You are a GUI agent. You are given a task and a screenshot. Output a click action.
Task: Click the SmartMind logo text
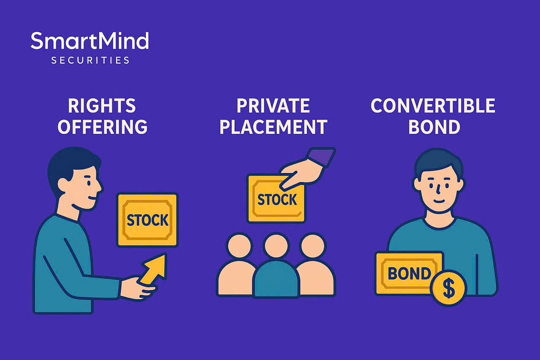click(89, 41)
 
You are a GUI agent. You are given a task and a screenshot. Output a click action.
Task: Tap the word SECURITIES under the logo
click(90, 60)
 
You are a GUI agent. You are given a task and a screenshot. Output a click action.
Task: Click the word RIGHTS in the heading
click(102, 106)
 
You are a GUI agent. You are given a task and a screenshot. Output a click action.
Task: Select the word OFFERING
click(102, 127)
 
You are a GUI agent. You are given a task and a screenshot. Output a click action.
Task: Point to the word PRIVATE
click(273, 106)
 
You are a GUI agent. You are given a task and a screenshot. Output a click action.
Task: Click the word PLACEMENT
click(273, 127)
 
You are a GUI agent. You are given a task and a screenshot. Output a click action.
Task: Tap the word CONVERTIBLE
click(433, 106)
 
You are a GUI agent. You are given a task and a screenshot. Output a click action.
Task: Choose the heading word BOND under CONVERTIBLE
click(434, 127)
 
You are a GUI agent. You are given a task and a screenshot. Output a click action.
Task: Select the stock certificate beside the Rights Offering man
click(147, 220)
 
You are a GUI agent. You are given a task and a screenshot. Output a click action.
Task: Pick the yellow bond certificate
click(408, 273)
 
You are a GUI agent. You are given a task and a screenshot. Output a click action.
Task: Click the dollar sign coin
click(448, 289)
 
